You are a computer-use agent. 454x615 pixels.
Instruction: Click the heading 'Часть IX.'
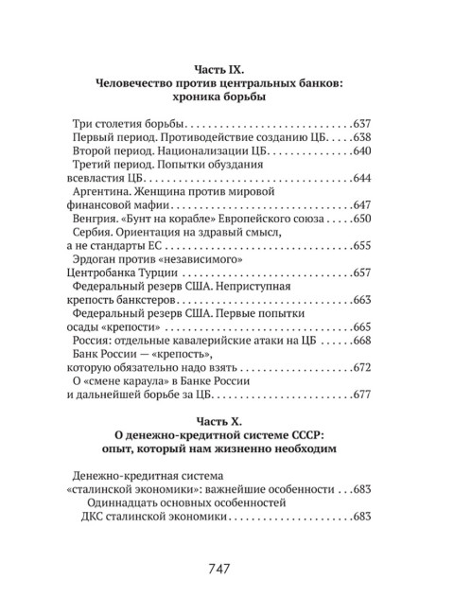point(222,69)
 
